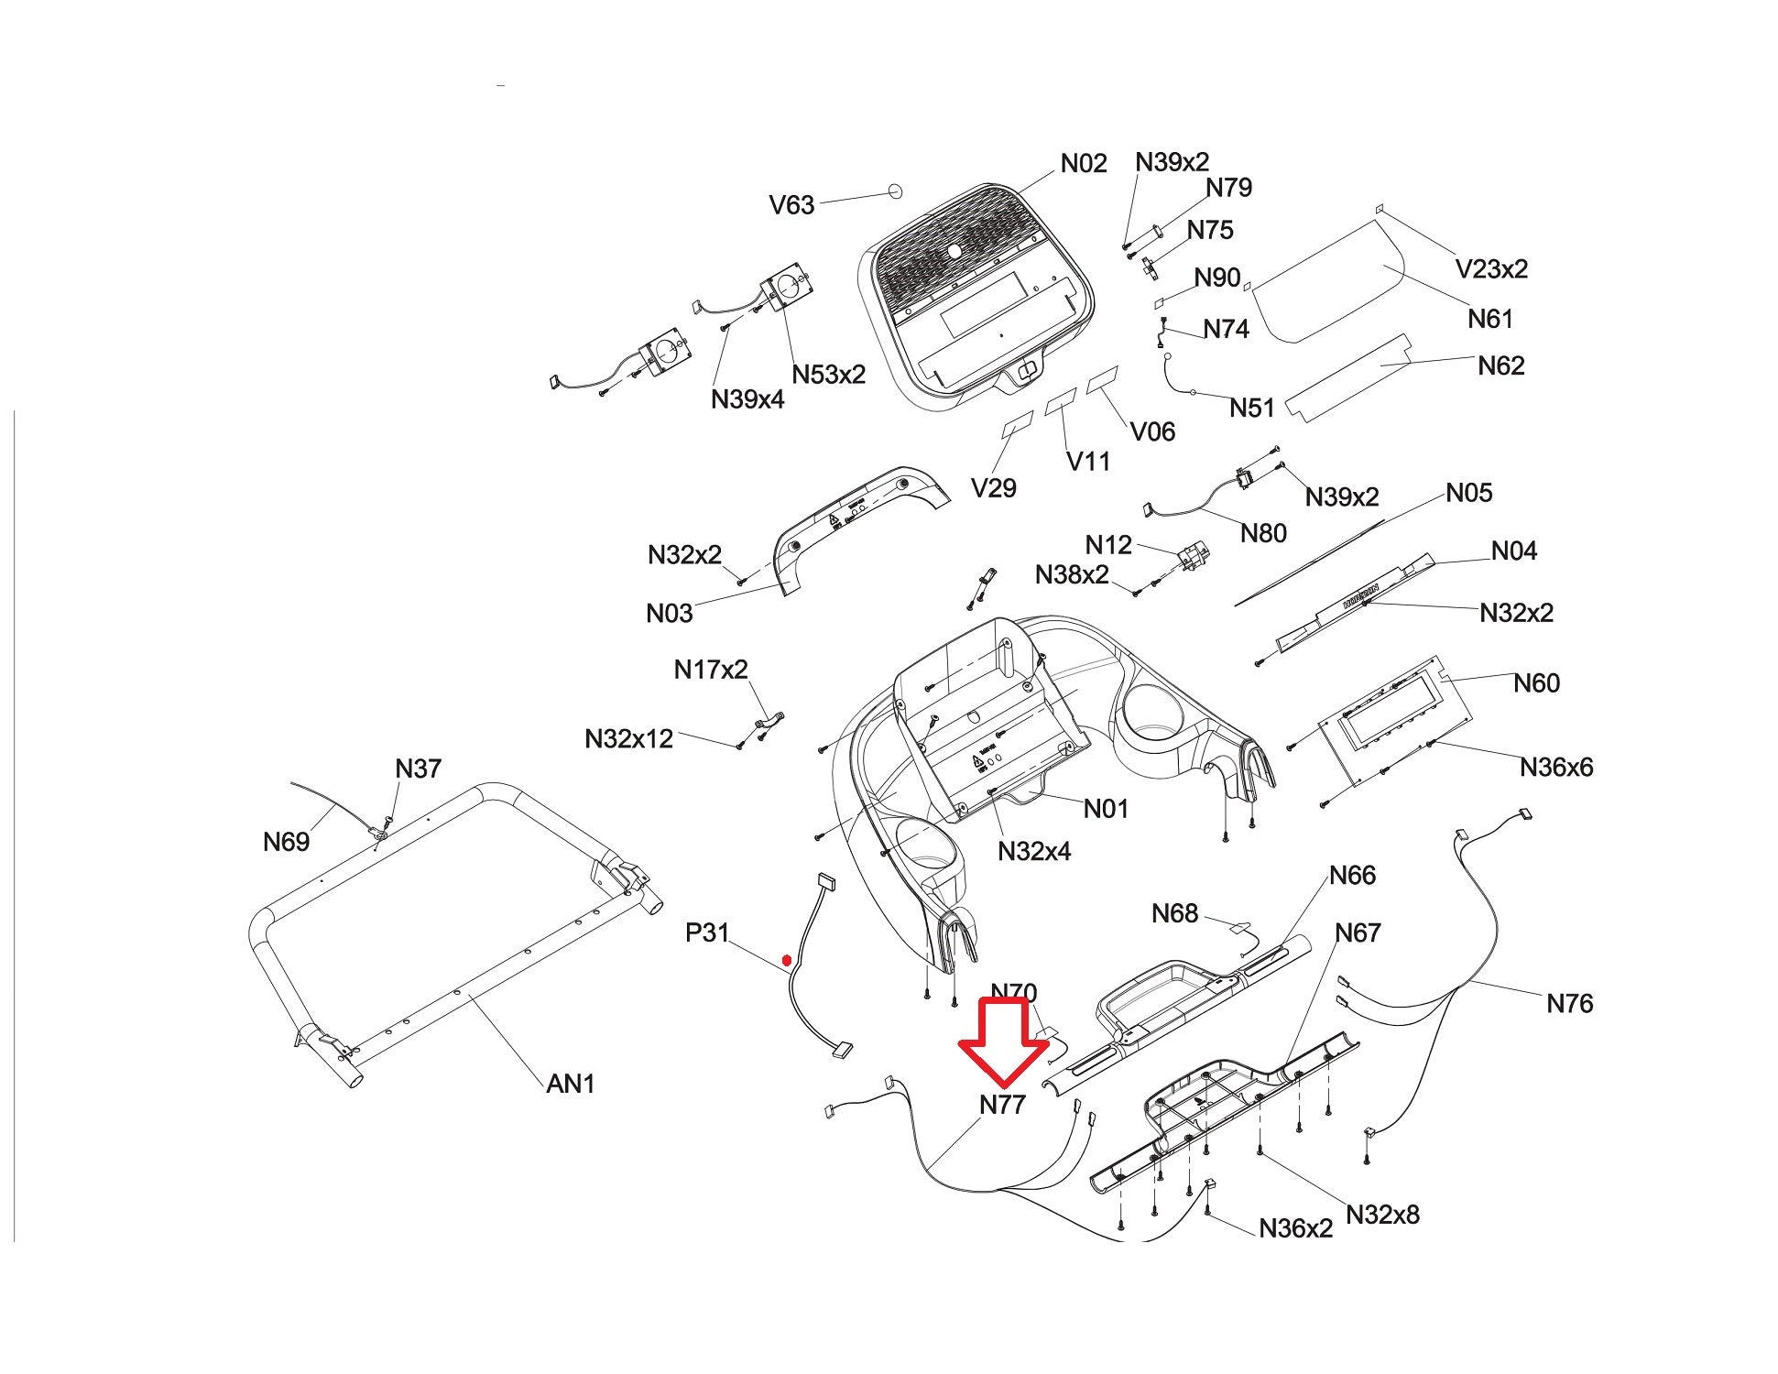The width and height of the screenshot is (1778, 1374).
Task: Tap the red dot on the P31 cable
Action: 786,961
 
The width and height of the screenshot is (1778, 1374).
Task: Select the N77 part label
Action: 1002,1106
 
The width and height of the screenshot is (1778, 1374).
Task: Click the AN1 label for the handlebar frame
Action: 570,1085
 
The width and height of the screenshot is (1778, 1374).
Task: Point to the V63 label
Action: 791,205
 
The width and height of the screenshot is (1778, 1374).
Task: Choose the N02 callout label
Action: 1084,164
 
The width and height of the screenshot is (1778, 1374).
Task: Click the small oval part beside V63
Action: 894,191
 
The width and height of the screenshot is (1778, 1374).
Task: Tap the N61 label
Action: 1490,319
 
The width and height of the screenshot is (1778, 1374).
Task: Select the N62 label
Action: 1501,366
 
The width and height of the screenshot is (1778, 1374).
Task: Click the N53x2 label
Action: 828,375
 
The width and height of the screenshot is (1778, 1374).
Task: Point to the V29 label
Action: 993,488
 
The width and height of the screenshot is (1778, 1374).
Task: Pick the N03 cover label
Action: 669,614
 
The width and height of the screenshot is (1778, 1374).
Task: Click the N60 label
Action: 1536,683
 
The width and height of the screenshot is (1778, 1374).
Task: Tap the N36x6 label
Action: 1556,768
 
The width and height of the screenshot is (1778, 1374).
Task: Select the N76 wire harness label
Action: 1569,1004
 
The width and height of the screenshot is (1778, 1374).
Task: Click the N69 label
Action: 286,842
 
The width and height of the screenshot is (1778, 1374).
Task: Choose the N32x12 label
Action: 628,739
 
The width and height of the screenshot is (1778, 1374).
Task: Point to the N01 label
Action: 1106,809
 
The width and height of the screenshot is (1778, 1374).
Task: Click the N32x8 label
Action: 1382,1216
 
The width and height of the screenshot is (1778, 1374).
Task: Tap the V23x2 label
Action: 1491,269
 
